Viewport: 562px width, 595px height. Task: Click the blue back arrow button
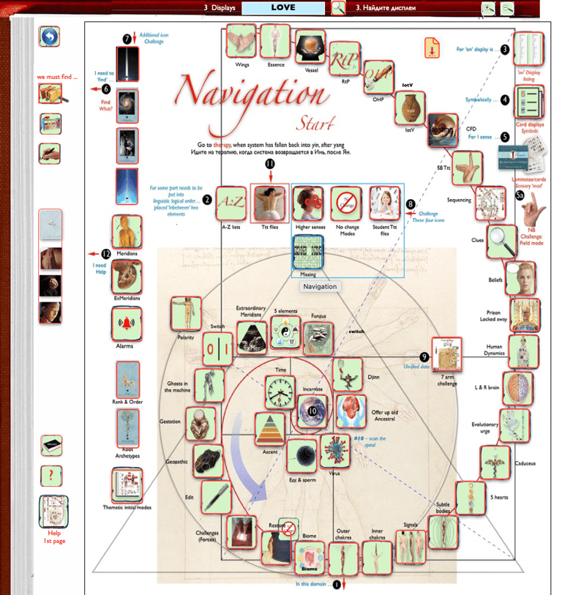(50, 37)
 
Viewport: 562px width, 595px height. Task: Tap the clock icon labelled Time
(279, 392)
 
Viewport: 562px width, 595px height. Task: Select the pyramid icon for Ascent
(269, 428)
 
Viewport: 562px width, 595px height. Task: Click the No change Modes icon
(348, 203)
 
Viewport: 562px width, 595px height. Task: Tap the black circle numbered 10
(313, 412)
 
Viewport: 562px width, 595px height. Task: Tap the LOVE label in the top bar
(283, 8)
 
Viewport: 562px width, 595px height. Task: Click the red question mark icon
(50, 476)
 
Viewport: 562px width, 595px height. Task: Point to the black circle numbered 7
(127, 39)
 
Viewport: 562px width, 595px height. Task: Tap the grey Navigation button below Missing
(319, 286)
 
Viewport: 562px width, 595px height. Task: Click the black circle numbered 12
(106, 253)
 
